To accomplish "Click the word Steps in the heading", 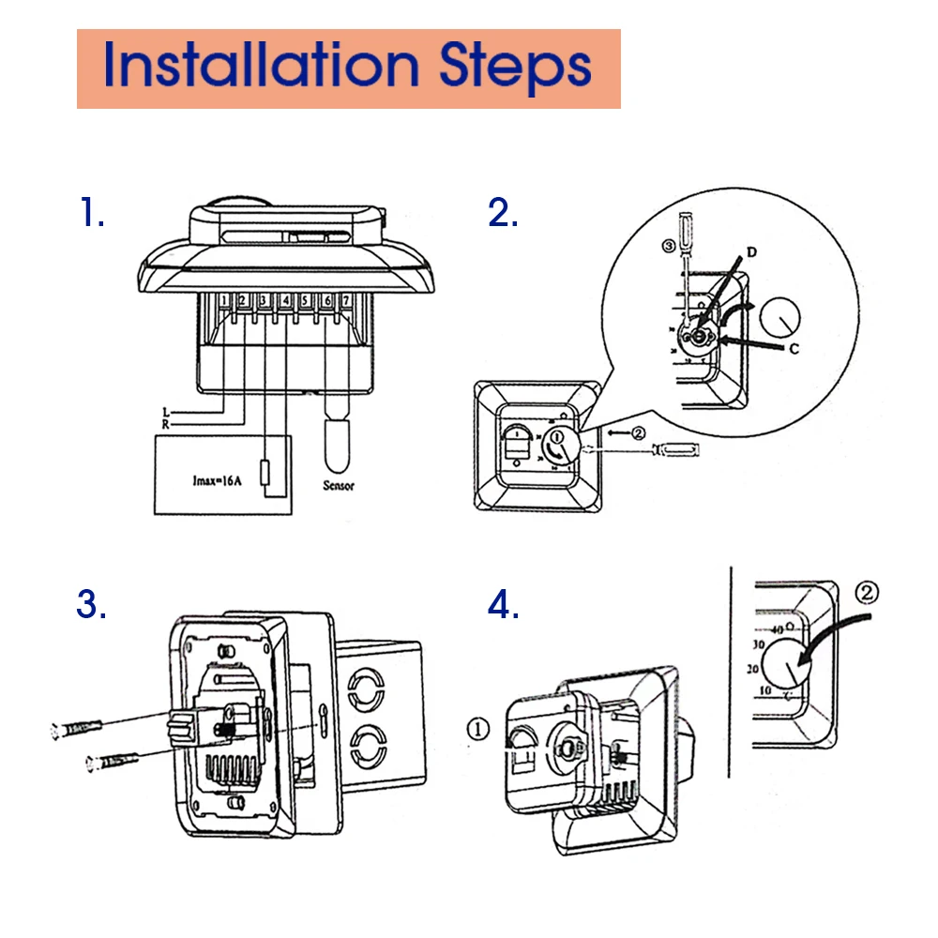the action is point(515,66).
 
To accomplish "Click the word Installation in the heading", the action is point(261,66).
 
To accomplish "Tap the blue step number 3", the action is point(91,605).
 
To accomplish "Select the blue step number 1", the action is point(90,214).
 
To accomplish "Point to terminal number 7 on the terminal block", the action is point(347,301).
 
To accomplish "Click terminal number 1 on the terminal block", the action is point(225,301).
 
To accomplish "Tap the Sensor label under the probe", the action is point(338,486).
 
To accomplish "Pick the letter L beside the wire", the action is point(166,412).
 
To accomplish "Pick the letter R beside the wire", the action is point(166,424).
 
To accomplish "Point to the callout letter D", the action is point(750,251).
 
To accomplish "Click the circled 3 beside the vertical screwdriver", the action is point(668,247).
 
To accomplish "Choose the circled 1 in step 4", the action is point(477,729).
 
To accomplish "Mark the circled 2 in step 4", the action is point(869,593).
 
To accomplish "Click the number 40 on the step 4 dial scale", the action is point(776,628).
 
